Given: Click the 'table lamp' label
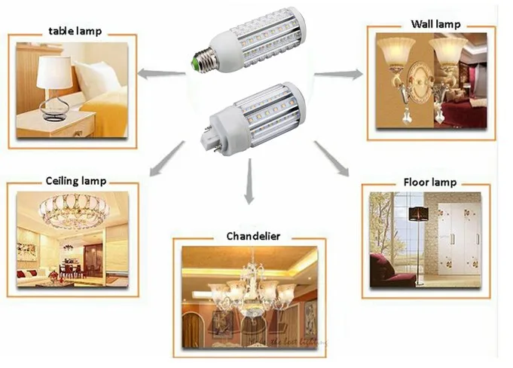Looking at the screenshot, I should [x=74, y=32].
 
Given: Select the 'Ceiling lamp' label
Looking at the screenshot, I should [x=75, y=182].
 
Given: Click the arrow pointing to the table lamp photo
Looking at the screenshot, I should [x=159, y=73].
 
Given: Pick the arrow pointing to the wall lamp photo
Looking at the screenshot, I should [x=338, y=74].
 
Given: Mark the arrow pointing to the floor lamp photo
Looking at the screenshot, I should [x=331, y=158].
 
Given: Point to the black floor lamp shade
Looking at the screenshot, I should [x=419, y=214].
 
